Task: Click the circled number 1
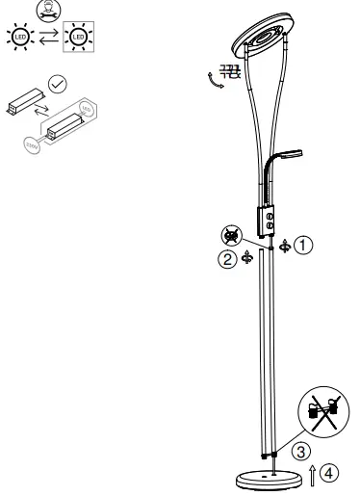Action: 304,245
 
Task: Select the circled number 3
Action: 300,450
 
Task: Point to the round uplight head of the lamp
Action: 258,37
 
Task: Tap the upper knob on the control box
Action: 270,218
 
